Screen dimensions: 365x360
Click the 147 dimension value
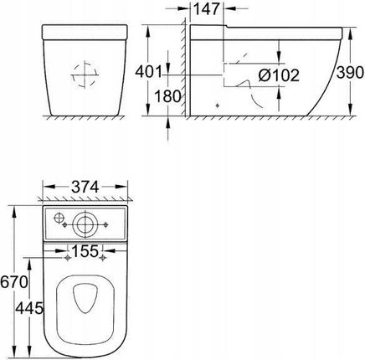pyautogui.click(x=207, y=9)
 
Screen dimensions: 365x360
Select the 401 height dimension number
pyautogui.click(x=148, y=72)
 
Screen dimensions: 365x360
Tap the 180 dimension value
pyautogui.click(x=167, y=96)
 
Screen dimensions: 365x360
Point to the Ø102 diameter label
pyautogui.click(x=279, y=75)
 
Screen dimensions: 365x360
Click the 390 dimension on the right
pyautogui.click(x=350, y=73)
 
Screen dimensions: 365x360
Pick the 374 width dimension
pyautogui.click(x=85, y=187)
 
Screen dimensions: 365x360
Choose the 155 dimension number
pyautogui.click(x=85, y=251)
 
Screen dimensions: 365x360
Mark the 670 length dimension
pyautogui.click(x=14, y=282)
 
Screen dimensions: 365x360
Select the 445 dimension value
pyautogui.click(x=29, y=308)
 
